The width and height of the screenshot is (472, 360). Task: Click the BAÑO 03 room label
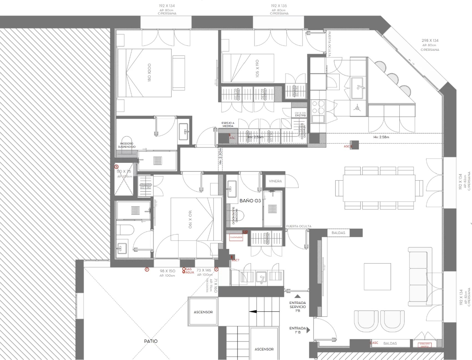coord(250,201)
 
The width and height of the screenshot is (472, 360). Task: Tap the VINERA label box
coord(275,181)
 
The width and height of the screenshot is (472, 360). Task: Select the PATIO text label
coord(151,341)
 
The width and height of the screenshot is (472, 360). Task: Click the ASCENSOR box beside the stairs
coord(203,312)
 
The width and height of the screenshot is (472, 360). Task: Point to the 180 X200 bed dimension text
coord(149,72)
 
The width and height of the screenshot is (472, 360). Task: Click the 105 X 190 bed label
coord(257,68)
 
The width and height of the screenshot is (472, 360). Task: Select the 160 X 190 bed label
coord(190,219)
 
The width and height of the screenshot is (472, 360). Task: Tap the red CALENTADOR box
coord(236,237)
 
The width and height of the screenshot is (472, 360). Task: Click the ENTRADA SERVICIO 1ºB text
coord(298,307)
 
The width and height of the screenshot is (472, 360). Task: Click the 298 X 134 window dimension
coord(430,40)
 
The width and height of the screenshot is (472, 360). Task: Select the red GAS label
coord(189,269)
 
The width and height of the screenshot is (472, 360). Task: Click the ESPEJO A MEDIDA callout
coord(228,125)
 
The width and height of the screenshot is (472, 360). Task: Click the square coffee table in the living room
coord(377,277)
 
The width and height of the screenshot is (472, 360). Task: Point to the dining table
coord(379,188)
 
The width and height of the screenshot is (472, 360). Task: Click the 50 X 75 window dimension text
coord(124,171)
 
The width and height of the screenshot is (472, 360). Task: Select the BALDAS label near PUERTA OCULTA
coord(338,233)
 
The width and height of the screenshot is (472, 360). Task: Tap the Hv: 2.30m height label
coord(220,156)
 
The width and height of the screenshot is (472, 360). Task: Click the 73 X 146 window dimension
coord(204,270)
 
